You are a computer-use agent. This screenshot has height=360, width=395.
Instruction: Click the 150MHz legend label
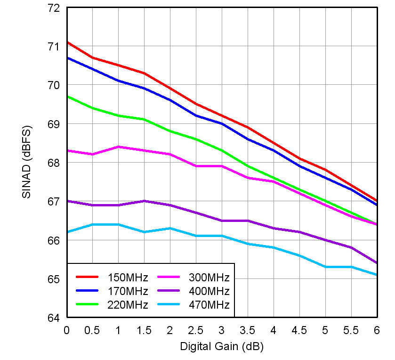pos(128,277)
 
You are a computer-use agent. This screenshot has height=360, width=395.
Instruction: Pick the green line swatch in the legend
pos(87,305)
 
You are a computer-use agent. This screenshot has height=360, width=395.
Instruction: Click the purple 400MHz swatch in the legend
pos(168,291)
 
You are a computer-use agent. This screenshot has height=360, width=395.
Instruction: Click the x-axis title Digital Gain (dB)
pos(221,347)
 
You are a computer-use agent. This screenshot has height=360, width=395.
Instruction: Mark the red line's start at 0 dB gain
pos(67,42)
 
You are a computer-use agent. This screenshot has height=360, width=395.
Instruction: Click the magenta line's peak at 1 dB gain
pos(118,147)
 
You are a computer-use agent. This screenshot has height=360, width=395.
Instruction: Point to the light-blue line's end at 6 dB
pos(377,275)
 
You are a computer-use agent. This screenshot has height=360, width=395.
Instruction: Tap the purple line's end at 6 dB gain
pos(377,263)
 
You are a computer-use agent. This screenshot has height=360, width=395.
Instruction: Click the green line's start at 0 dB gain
pos(67,97)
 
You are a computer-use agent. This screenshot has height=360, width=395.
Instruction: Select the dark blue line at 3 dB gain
pos(221,123)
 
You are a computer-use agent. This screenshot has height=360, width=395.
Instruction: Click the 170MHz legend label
pos(128,291)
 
